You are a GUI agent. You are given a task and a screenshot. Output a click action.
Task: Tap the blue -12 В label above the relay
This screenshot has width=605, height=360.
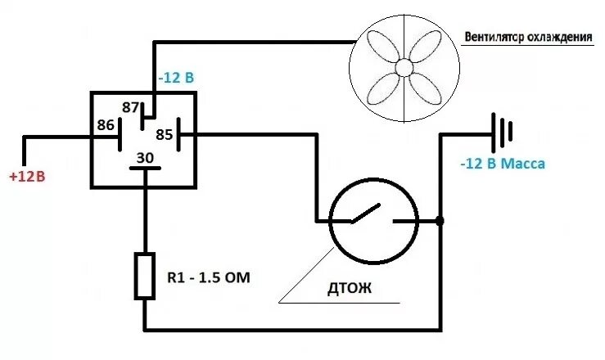(176, 79)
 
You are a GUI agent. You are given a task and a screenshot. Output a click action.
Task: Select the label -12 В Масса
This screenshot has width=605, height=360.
(502, 164)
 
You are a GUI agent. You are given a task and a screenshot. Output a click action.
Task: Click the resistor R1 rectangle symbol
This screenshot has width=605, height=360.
(145, 275)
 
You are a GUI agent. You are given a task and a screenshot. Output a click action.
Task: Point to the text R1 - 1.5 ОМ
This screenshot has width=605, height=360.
(209, 278)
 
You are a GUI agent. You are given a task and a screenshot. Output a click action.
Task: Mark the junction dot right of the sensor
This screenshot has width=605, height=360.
(440, 221)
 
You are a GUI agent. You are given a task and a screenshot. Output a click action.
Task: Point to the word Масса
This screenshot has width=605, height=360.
(523, 164)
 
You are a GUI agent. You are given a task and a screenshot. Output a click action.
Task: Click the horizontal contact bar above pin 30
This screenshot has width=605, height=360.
(145, 169)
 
